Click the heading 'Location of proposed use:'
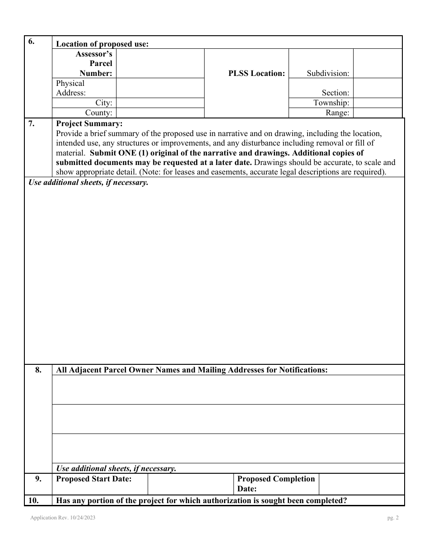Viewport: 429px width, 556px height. coord(102,44)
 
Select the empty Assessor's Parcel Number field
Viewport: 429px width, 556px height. coord(160,63)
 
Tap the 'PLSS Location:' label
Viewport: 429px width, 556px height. coord(256,73)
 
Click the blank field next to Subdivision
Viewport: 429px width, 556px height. coord(377,63)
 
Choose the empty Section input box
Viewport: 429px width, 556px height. coord(377,88)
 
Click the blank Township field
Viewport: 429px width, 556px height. coord(377,103)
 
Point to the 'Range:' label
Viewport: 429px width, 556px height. coord(337,113)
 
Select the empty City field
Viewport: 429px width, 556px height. coord(160,103)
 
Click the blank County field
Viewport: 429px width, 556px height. coord(160,113)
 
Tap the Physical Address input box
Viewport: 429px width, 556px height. coord(160,88)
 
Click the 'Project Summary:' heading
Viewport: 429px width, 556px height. coord(89,123)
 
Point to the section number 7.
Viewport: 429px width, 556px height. coord(32,123)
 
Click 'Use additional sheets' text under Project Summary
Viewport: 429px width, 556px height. coord(89,183)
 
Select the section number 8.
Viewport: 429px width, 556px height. coord(38,370)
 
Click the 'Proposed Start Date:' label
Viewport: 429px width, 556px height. coord(93,479)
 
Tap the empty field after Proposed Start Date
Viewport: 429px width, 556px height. coord(190,484)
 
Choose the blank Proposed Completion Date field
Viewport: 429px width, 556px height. coord(361,484)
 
